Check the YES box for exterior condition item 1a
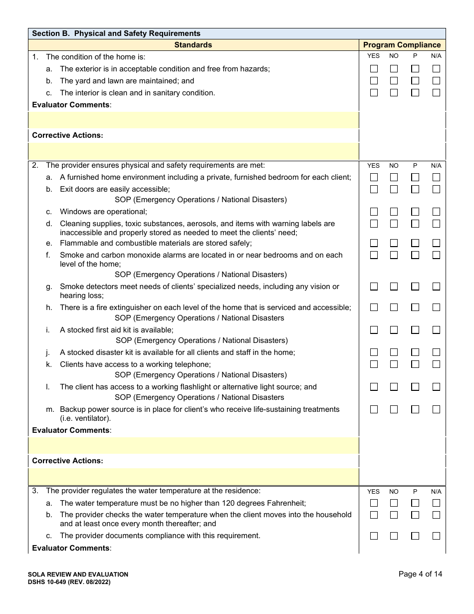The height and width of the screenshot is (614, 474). [374, 69]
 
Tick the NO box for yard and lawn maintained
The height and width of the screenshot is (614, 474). [394, 81]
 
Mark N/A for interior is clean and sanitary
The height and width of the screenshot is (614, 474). [436, 93]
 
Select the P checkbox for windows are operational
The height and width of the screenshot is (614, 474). [415, 212]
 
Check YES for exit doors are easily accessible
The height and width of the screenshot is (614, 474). [374, 189]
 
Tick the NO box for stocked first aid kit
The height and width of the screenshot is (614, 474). [394, 330]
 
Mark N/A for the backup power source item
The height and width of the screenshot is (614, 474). [436, 409]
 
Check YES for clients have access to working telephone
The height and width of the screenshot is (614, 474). [374, 364]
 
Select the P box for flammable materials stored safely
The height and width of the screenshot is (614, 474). [415, 243]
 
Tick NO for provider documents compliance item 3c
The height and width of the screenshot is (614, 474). [394, 536]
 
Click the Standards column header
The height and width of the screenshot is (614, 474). [193, 45]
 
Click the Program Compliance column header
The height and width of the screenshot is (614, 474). [402, 45]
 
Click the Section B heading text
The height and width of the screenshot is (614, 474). [116, 33]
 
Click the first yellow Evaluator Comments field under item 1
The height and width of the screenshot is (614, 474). [194, 120]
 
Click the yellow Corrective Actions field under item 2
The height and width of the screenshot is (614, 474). [194, 477]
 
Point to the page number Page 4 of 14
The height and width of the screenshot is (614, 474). [420, 574]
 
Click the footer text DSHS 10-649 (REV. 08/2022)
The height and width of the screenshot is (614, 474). [69, 582]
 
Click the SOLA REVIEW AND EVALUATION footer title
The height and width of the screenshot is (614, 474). [78, 575]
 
